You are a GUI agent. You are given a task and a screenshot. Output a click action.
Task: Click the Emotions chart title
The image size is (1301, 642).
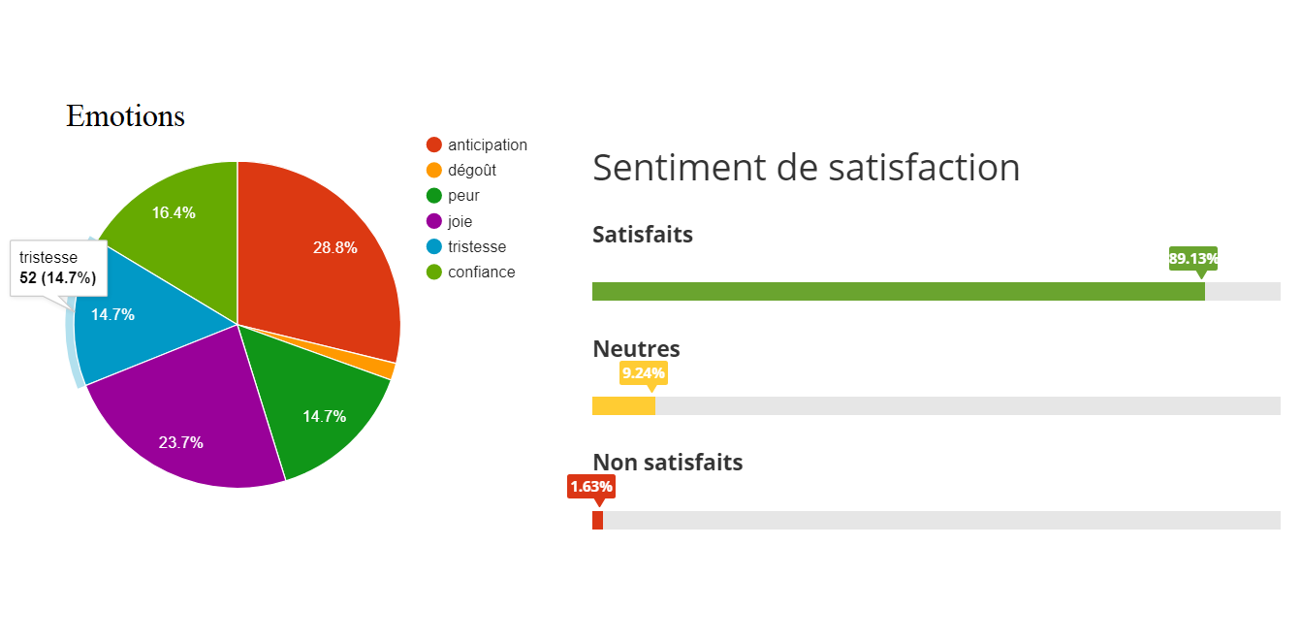click(125, 116)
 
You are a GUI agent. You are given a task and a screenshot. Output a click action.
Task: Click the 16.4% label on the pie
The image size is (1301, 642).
click(174, 212)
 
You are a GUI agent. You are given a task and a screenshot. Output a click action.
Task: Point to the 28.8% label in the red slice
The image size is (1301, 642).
click(334, 247)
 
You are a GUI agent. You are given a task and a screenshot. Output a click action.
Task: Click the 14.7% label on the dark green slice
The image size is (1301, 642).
click(325, 416)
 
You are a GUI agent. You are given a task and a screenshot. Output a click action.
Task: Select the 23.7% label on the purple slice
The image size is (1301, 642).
click(181, 442)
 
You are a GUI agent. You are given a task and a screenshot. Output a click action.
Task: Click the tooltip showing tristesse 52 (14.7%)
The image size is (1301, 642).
click(58, 268)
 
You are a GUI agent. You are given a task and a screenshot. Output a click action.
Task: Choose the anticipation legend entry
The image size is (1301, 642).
click(487, 144)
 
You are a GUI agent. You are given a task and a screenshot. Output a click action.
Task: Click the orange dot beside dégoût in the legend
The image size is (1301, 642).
click(434, 170)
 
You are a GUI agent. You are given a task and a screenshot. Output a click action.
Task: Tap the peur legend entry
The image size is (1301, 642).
click(463, 195)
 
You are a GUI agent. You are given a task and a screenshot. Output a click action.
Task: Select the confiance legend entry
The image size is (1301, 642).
click(481, 272)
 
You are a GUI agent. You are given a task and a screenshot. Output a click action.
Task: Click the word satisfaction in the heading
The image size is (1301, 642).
click(925, 167)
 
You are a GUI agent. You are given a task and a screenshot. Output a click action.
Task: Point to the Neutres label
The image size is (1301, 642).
click(636, 348)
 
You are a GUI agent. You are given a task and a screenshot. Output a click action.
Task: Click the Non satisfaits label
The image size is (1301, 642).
click(667, 462)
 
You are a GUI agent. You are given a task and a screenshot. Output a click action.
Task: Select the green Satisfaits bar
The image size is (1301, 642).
click(898, 291)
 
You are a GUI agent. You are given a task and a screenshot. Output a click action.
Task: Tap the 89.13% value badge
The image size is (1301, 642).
click(1193, 259)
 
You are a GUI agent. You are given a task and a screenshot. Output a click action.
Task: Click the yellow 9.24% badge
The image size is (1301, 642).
click(644, 372)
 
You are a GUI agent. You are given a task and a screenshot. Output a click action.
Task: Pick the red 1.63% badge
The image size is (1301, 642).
click(590, 486)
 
